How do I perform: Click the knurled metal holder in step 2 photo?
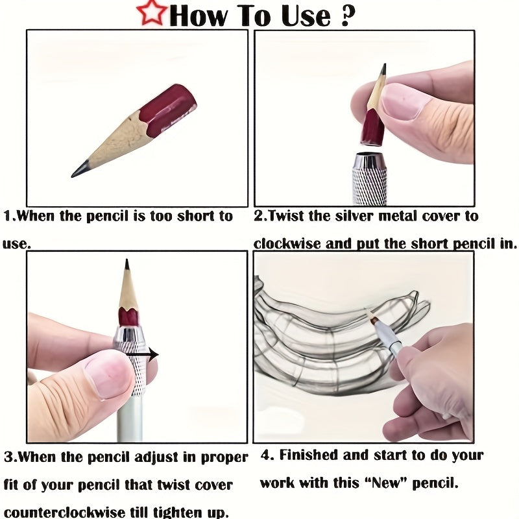click(370, 179)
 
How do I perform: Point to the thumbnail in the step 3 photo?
click(108, 375)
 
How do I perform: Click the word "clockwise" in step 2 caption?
click(284, 244)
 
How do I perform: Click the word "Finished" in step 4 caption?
click(308, 455)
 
